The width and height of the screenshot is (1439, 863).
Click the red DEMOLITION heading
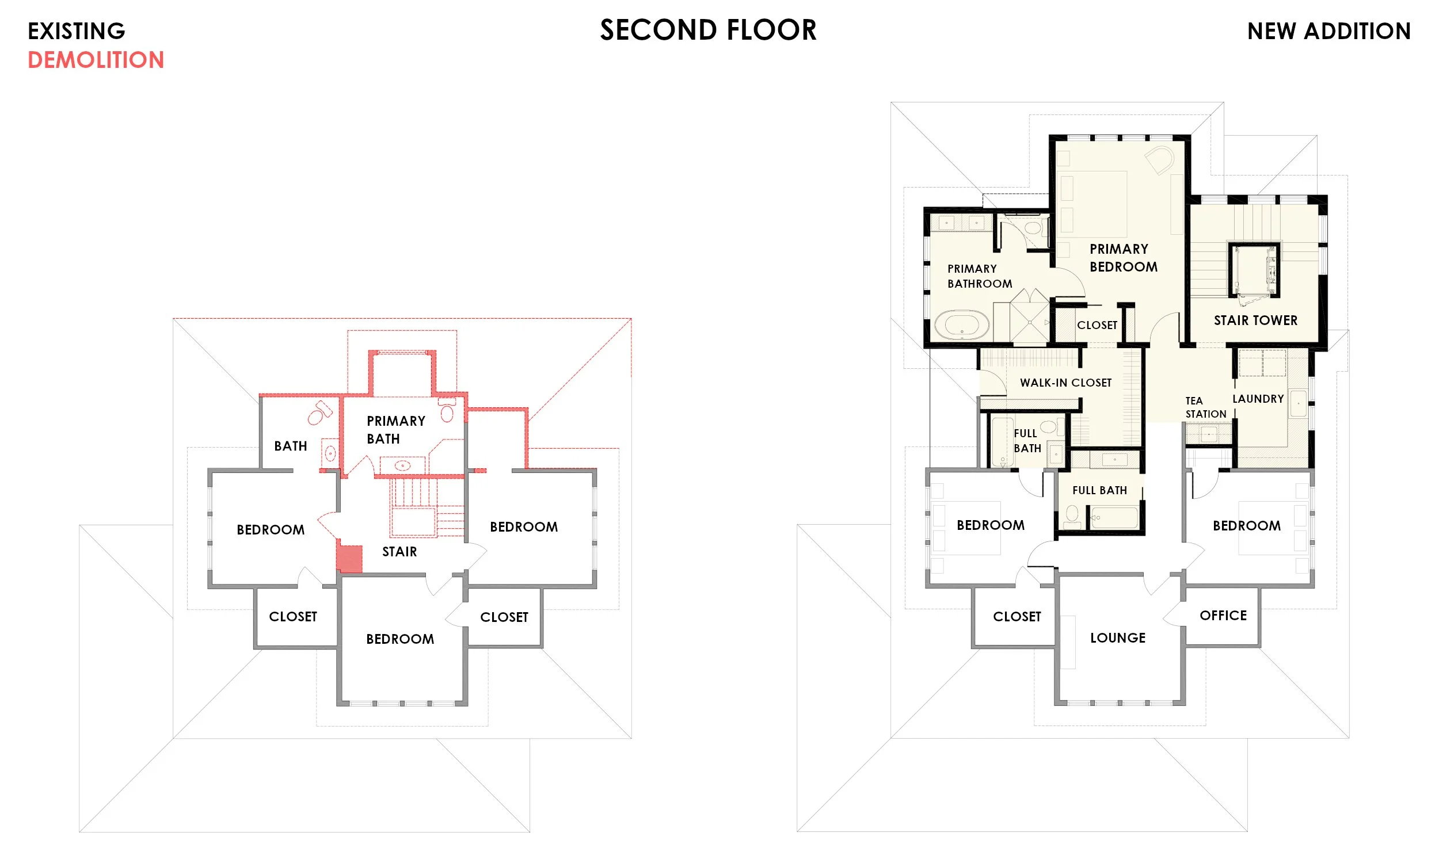pos(96,60)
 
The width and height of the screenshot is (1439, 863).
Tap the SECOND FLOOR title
pos(708,30)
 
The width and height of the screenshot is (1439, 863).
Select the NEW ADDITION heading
pos(1328,31)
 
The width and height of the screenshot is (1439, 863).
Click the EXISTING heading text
pos(76,31)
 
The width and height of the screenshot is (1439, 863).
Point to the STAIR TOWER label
pos(1255,320)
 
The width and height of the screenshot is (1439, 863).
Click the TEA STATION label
pos(1205,407)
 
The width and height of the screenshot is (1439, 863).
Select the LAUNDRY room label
pos(1258,398)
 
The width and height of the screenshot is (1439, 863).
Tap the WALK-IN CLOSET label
pos(1065,383)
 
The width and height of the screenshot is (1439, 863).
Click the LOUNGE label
pos(1117,638)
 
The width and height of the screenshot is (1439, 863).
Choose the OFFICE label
pos(1223,615)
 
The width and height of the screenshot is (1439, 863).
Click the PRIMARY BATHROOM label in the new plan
pos(980,276)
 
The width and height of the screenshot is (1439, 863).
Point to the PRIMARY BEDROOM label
pos(1123,258)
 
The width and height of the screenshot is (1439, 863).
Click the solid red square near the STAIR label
pos(349,559)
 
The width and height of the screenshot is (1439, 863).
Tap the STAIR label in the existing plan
pos(399,552)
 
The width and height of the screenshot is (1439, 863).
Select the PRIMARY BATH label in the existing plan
pos(395,430)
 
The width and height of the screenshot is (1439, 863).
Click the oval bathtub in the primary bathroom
pos(961,324)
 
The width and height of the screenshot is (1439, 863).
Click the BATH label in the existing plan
pos(290,446)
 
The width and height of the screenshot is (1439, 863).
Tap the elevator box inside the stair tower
pos(1254,270)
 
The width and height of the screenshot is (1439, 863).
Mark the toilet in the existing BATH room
pos(319,413)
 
